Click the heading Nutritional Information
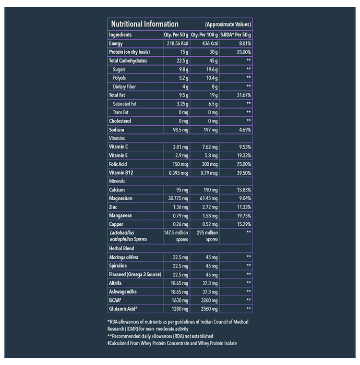pyautogui.click(x=143, y=24)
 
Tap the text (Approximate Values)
pyautogui.click(x=228, y=25)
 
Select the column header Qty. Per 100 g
pyautogui.click(x=205, y=35)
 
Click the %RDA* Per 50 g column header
pyautogui.click(x=236, y=35)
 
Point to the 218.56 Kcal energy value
pyautogui.click(x=175, y=44)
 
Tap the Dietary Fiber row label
pyautogui.click(x=125, y=87)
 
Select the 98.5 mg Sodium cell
pyautogui.click(x=178, y=130)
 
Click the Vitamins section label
pyautogui.click(x=117, y=139)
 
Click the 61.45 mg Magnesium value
pyautogui.click(x=206, y=199)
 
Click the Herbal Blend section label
pyautogui.click(x=122, y=249)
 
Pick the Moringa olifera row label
pyautogui.click(x=124, y=258)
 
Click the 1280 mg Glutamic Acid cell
pyautogui.click(x=178, y=309)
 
